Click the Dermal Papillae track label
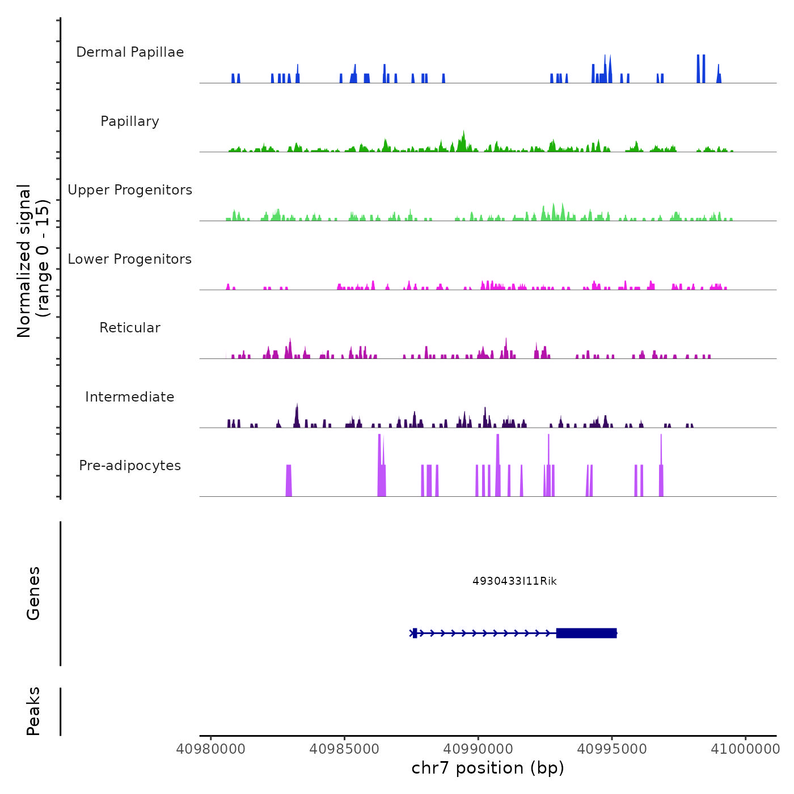point(130,52)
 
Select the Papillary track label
point(130,121)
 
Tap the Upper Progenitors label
point(130,190)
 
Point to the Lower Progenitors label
point(130,259)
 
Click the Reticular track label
point(130,328)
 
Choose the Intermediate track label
point(130,397)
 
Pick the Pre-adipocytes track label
point(130,466)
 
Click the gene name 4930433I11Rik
point(514,581)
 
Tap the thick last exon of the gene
point(586,633)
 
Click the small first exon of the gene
point(415,633)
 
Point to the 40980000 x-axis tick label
point(211,749)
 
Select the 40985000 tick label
point(344,749)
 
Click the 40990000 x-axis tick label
point(478,749)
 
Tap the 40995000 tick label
point(612,749)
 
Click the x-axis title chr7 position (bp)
point(488,768)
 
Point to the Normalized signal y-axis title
point(33,261)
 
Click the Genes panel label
point(33,593)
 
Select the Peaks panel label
point(33,711)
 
